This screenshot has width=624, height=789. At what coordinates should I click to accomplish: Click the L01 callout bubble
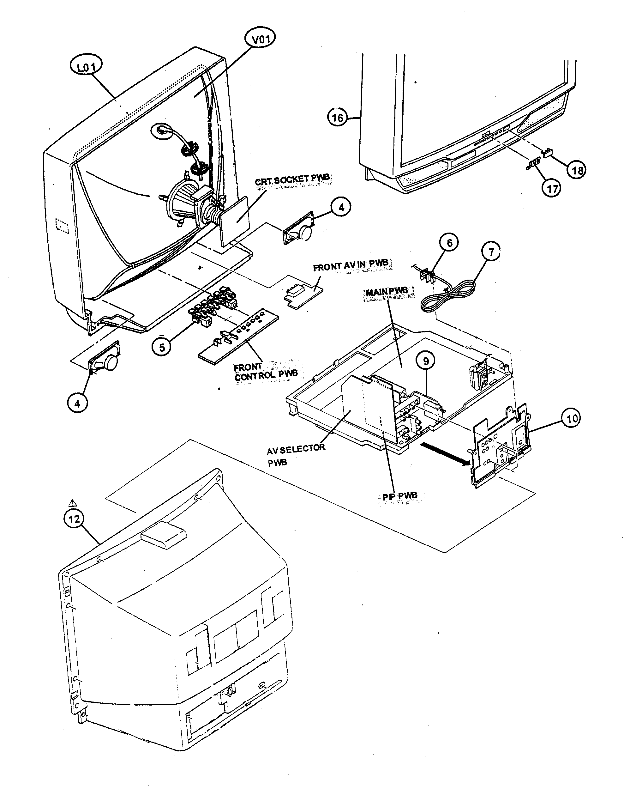[86, 67]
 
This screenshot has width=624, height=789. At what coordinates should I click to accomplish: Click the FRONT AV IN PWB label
[352, 266]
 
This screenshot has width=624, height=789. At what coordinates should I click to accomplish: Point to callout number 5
[162, 346]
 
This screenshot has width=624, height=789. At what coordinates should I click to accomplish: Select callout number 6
[449, 242]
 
